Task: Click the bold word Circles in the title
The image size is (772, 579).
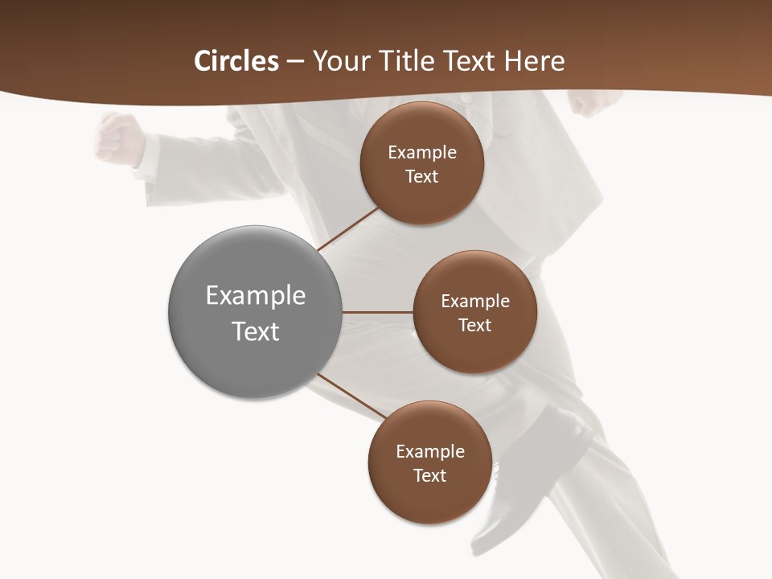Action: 236,61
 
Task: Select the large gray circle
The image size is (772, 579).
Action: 255,312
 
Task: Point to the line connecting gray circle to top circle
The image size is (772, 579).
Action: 347,229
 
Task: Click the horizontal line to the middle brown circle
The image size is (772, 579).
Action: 378,312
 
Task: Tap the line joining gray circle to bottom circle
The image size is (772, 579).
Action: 351,398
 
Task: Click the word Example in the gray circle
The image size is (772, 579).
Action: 255,295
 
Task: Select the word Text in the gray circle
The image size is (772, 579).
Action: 255,331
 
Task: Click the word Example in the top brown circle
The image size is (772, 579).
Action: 421,152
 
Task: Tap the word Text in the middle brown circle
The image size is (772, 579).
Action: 474,326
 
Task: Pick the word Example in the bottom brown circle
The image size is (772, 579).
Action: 429,451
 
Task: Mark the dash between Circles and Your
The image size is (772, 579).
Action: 295,62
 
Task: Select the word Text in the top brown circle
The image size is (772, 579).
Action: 421,177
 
